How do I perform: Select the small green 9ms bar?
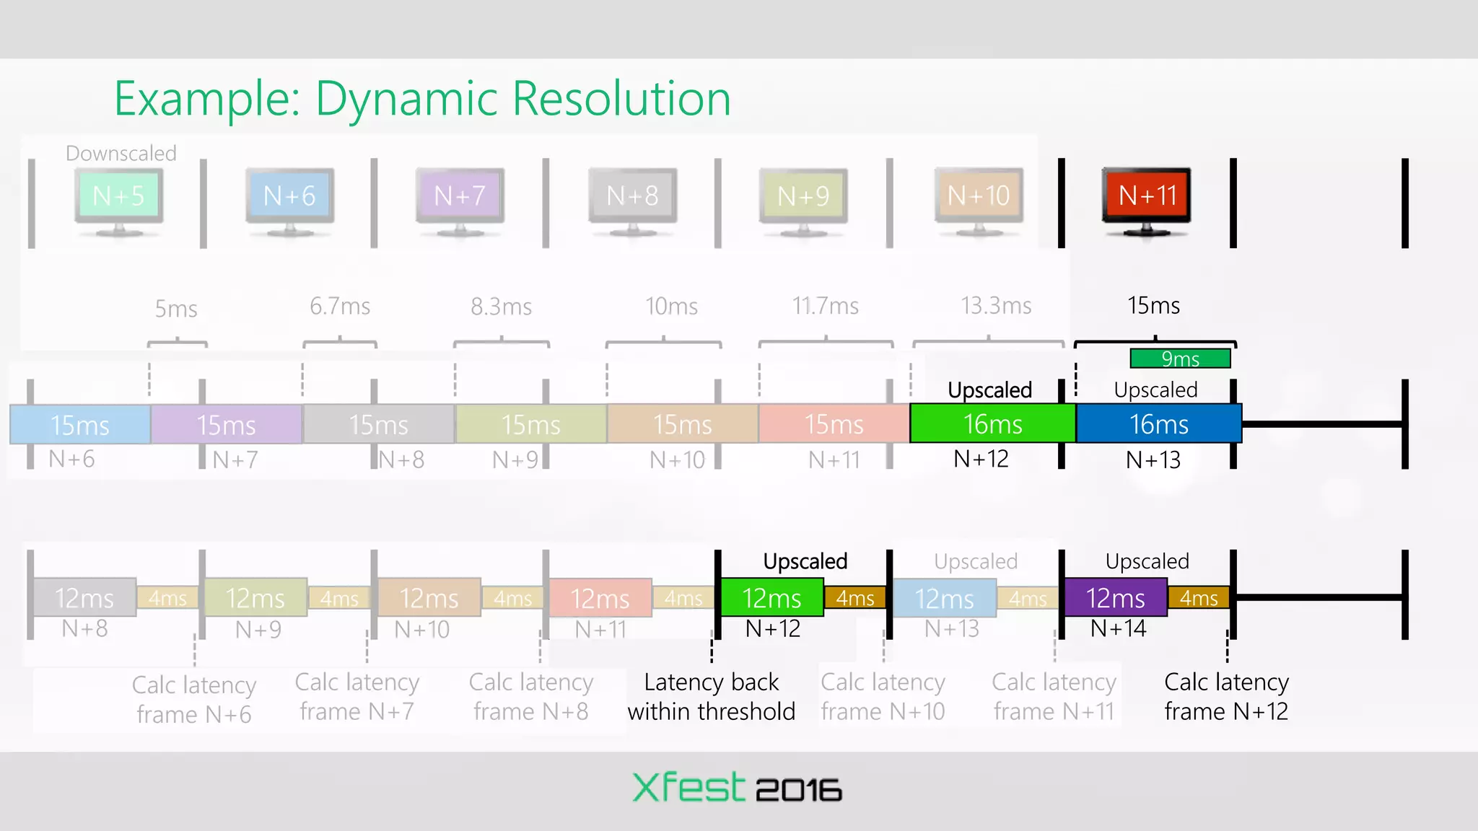click(x=1180, y=359)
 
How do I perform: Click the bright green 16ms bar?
click(x=993, y=424)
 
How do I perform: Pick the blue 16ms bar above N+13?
click(x=1158, y=424)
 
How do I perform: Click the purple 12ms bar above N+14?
click(x=1116, y=598)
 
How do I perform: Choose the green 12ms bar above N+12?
click(x=772, y=598)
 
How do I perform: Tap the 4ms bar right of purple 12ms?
click(x=1199, y=598)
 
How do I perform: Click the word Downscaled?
click(x=121, y=153)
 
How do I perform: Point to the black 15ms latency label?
click(x=1153, y=306)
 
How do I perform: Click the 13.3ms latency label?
click(x=996, y=306)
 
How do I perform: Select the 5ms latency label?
click(x=176, y=309)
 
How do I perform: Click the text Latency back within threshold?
click(x=712, y=697)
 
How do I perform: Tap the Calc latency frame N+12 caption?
click(x=1226, y=697)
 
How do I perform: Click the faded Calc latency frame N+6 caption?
click(x=194, y=700)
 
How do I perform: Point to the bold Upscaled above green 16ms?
click(x=989, y=390)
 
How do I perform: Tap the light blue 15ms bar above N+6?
click(x=80, y=425)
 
